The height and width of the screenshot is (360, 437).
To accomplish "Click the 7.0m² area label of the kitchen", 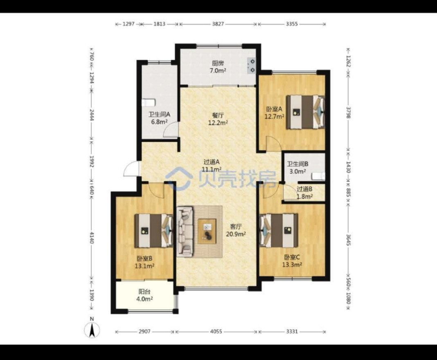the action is pos(218,71).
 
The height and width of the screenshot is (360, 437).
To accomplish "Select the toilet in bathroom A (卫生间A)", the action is pos(148,103).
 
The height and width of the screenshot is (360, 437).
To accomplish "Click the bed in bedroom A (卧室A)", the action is pos(306,112).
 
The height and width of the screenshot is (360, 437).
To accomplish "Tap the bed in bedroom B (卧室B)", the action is pos(153,231).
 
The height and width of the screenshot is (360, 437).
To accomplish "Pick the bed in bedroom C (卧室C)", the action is pos(279,231).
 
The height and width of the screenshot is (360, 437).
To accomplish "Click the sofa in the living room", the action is pos(185,231).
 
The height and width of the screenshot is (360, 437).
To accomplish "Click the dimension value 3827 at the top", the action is pos(218,24).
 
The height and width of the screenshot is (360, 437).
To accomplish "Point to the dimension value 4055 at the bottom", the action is pos(216,332).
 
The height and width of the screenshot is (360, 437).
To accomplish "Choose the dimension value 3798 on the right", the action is pos(348,112).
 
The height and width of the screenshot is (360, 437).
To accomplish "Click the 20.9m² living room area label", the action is pos(236,234).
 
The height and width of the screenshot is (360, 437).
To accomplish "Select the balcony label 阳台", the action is pos(144,292).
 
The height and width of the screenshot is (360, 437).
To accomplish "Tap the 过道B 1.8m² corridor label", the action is pos(304,192).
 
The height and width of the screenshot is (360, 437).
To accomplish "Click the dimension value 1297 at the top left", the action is pos(128,24).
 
